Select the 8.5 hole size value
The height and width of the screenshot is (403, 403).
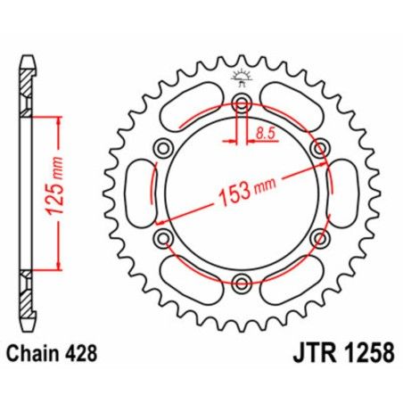click(265, 133)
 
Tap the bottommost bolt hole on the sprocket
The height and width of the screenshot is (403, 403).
click(240, 284)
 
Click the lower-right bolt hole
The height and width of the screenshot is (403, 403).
click(318, 238)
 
